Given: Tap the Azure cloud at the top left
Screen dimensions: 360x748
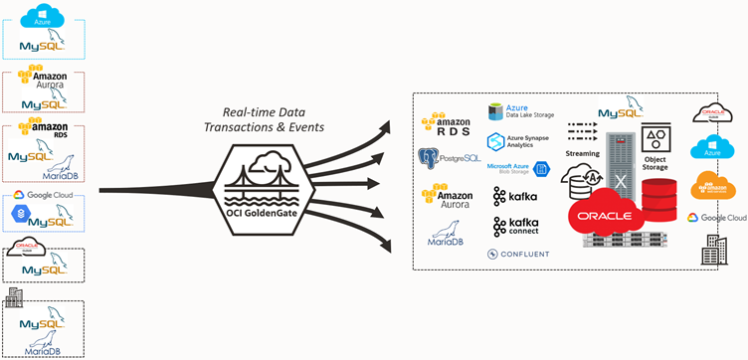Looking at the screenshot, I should [x=41, y=16].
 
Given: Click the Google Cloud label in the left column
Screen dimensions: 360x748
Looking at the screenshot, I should [x=46, y=196].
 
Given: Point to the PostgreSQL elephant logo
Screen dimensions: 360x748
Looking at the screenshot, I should [x=430, y=157].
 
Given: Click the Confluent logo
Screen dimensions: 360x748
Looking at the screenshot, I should [x=517, y=255].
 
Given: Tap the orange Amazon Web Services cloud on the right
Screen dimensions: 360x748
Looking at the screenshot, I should [x=711, y=184].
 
